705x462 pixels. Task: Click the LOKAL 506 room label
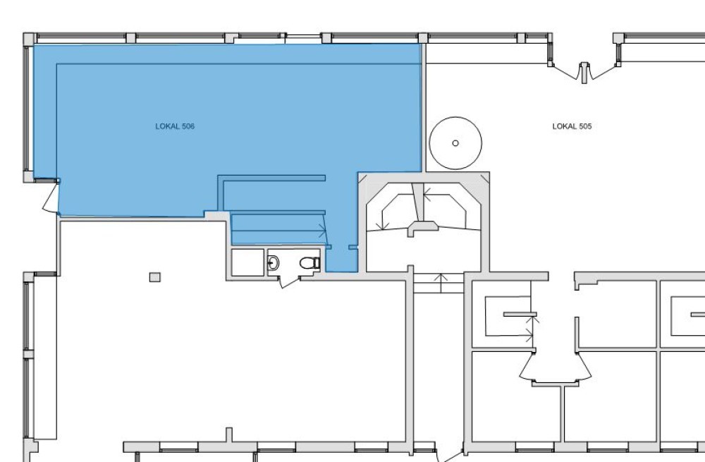click(175, 126)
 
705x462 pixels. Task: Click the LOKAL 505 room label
click(572, 126)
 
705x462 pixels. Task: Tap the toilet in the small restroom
click(309, 262)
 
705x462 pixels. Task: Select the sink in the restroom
click(273, 262)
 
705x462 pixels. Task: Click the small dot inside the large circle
click(455, 143)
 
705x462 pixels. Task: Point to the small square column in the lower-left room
click(154, 277)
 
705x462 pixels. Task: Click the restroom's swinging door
click(290, 282)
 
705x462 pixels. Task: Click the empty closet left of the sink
click(247, 262)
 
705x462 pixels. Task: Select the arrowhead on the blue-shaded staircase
click(323, 231)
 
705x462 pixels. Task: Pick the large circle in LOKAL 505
click(455, 143)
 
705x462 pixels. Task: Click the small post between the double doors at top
click(584, 73)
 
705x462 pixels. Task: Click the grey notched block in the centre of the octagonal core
click(423, 228)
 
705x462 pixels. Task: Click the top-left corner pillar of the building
click(29, 39)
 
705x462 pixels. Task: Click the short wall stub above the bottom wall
click(229, 434)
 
